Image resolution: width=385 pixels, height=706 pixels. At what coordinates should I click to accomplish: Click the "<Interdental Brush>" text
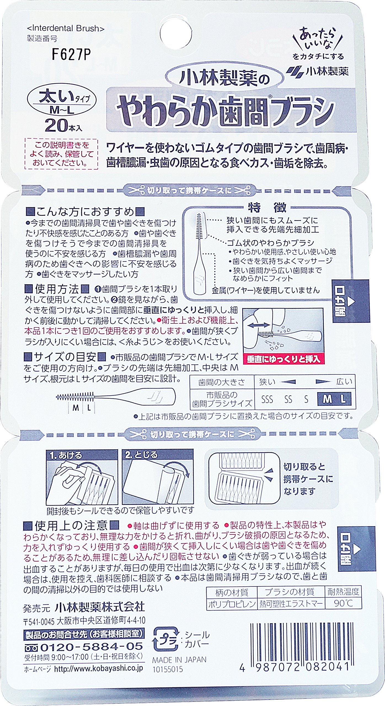[x=66, y=28]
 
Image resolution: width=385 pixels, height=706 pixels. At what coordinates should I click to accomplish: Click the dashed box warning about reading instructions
[x=61, y=154]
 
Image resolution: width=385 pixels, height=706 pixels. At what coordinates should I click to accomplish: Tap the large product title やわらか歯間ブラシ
[x=225, y=110]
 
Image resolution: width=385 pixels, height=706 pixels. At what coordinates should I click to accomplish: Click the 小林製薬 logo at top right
[x=317, y=71]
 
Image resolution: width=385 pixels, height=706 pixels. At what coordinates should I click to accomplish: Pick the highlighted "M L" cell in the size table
[x=334, y=399]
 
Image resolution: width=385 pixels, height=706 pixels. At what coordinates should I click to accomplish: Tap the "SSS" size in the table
[x=267, y=399]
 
